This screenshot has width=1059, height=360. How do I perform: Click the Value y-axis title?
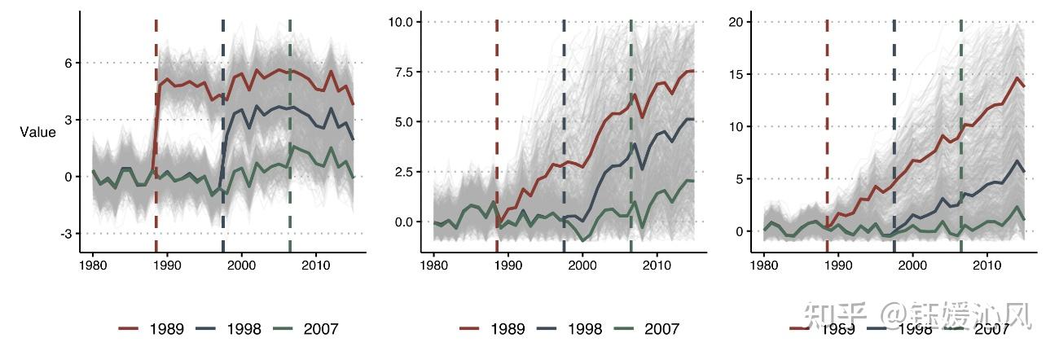38,132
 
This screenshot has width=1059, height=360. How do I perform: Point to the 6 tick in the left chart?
68,63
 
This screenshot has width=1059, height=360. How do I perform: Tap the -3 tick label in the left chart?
66,234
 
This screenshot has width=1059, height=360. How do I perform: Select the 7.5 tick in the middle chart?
403,72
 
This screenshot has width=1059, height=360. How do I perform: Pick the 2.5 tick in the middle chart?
403,172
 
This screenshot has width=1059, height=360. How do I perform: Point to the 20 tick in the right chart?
738,21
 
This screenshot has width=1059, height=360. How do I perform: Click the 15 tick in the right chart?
738,74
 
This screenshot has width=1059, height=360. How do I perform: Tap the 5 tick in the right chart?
741,179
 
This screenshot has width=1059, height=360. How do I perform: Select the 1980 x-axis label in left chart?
93,266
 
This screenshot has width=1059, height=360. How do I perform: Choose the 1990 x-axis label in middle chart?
508,266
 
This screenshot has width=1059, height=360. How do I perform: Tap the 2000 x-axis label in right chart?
913,266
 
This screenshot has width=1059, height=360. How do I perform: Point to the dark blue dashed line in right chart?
894,122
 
